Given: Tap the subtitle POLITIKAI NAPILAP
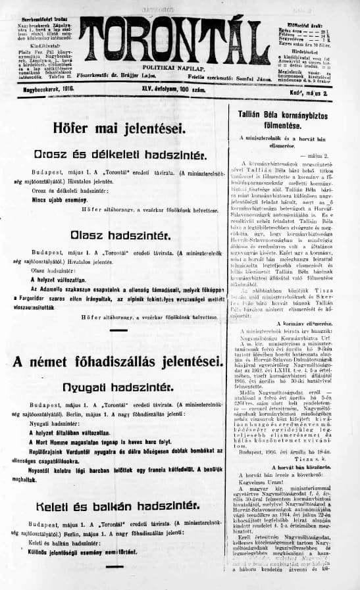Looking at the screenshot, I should point(171,67).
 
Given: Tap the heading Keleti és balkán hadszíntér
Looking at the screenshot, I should point(118,506).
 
